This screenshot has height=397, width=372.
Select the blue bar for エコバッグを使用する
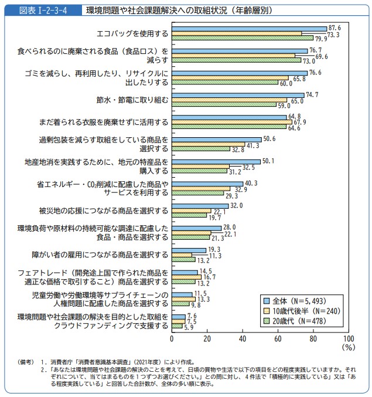tap(249, 28)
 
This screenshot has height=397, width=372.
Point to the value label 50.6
tap(270, 139)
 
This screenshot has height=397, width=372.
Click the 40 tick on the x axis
tap(243, 339)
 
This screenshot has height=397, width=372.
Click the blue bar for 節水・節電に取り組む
tap(238, 95)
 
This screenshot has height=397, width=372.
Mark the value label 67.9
tap(300, 122)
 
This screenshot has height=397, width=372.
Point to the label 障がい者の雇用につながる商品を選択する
tap(100, 255)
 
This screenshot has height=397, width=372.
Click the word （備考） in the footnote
tap(28, 362)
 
